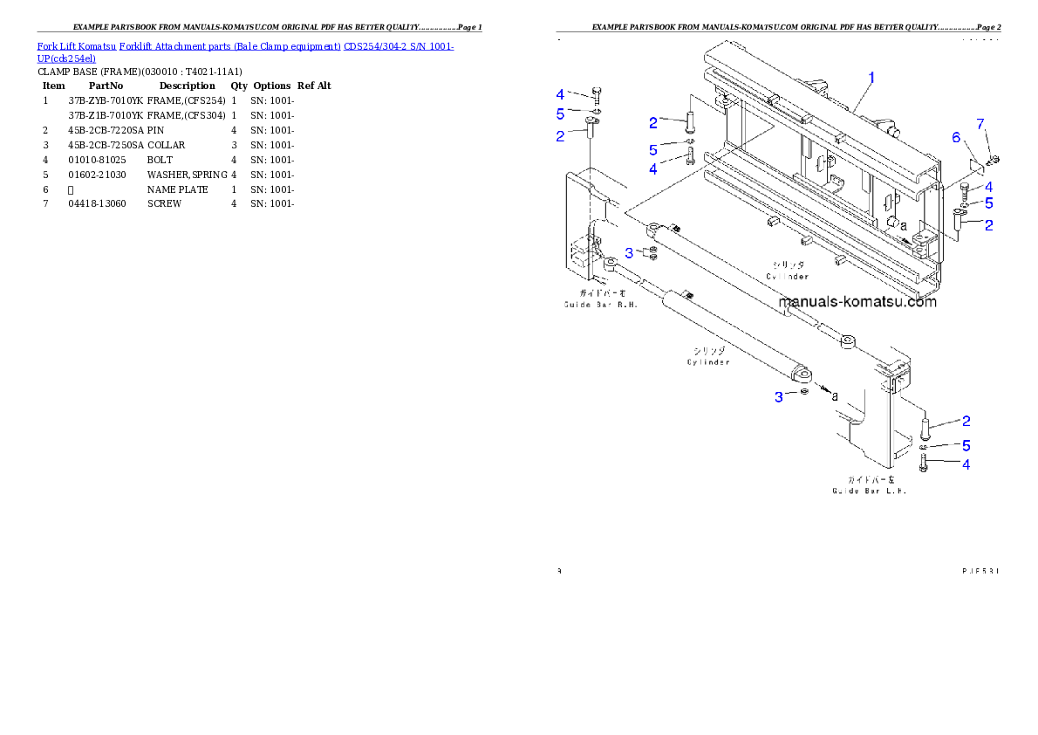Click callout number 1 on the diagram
tap(871, 78)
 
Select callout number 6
tap(956, 138)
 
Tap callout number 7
tap(980, 123)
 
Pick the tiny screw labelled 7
tap(994, 159)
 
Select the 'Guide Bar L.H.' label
tap(869, 485)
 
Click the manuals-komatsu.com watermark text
tap(857, 302)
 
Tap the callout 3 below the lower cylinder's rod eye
tap(779, 397)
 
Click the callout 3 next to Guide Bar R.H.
tap(628, 253)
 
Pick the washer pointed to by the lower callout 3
tap(803, 392)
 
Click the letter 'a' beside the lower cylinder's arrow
tap(835, 395)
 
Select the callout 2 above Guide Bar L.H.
tap(966, 422)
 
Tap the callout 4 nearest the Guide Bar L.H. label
tap(966, 464)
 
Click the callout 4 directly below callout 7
tap(987, 187)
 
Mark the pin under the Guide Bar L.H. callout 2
tap(925, 429)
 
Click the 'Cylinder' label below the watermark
tap(707, 356)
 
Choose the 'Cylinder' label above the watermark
tap(787, 271)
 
